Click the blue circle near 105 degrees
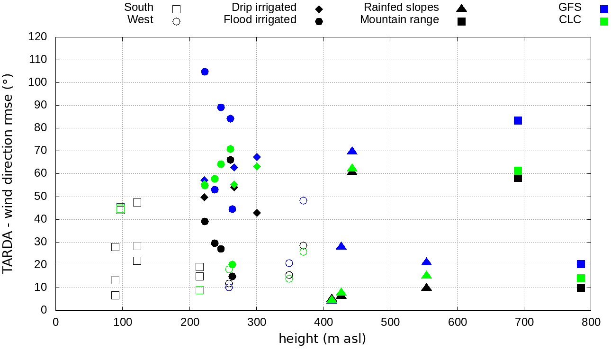pyautogui.click(x=205, y=72)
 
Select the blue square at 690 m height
pyautogui.click(x=518, y=120)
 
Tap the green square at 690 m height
pyautogui.click(x=518, y=171)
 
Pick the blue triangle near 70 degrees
pyautogui.click(x=352, y=151)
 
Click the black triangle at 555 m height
pyautogui.click(x=426, y=288)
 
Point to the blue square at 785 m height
pyautogui.click(x=581, y=264)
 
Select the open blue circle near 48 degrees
pyautogui.click(x=303, y=200)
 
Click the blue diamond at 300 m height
pyautogui.click(x=257, y=157)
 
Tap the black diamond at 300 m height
pyautogui.click(x=257, y=213)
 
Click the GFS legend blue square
pyautogui.click(x=603, y=9)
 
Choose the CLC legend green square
pyautogui.click(x=603, y=21)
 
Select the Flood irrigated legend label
pyautogui.click(x=260, y=20)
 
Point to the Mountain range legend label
pyautogui.click(x=399, y=20)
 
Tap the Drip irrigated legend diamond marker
pyautogui.click(x=319, y=9)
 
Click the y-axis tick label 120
pyautogui.click(x=38, y=37)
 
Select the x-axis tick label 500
pyautogui.click(x=390, y=323)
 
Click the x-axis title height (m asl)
pyautogui.click(x=323, y=339)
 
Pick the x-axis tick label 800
pyautogui.click(x=591, y=323)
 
